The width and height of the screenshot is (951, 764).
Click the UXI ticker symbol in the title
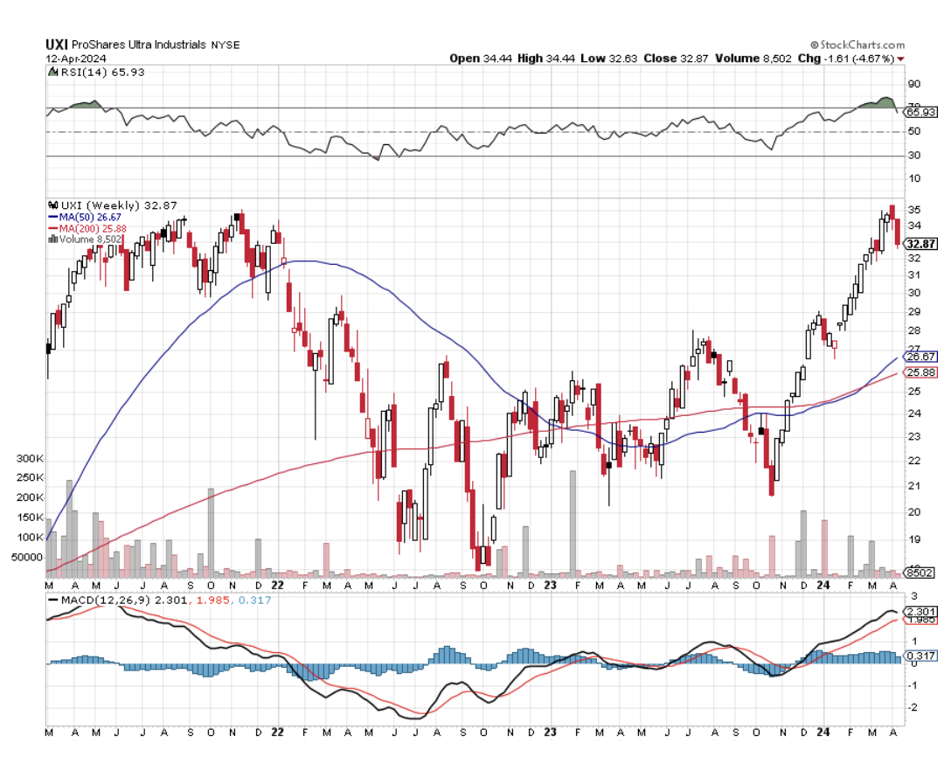(57, 44)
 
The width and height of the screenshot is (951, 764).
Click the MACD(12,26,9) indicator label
(99, 601)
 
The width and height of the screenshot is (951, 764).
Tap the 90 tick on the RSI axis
(914, 84)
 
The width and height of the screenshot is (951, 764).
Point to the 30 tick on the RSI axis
(914, 156)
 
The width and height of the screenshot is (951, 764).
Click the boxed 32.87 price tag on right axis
(922, 244)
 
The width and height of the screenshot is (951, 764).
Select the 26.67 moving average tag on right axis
(922, 357)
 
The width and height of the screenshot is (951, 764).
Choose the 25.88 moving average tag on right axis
(922, 372)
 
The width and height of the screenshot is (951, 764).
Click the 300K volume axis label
(31, 459)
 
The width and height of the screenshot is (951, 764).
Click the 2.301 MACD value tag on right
(922, 611)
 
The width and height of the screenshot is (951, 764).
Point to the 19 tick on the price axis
(913, 539)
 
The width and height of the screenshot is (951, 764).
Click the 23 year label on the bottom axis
(550, 733)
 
